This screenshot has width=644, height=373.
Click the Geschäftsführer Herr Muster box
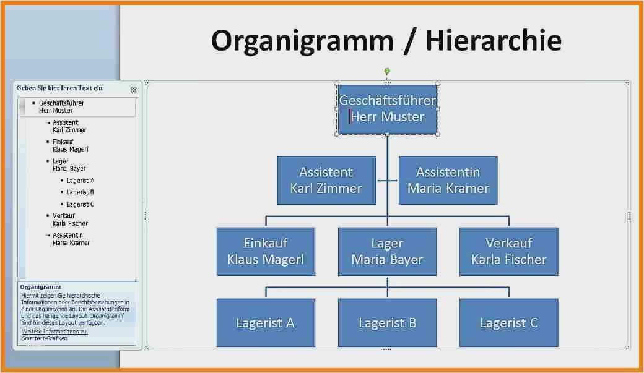pos(387,109)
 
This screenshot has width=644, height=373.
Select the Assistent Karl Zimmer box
pos(326,180)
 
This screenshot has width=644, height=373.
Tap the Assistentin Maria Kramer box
pos(448,180)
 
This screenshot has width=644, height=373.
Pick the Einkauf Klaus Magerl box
pos(266,251)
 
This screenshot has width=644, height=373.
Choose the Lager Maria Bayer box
pos(387,251)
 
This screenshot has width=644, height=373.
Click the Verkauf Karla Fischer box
pos(508,251)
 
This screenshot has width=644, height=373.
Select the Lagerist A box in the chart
pos(266,322)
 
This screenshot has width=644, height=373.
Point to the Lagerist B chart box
pos(387,322)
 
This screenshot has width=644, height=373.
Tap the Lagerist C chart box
pos(508,322)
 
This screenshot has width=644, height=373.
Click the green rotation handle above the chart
pos(387,71)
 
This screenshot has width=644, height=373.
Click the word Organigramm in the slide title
pos(302,41)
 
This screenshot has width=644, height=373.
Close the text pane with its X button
pos(133,90)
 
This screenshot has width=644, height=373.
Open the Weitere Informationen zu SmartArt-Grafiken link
pos(54,335)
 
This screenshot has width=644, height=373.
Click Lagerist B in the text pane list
pos(80,192)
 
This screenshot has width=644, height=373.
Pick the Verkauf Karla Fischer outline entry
pos(70,220)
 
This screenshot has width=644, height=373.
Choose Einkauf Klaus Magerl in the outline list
pos(70,145)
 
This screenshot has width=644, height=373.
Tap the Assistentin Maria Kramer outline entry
pos(71,239)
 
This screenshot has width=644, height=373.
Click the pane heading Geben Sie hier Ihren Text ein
pos(59,88)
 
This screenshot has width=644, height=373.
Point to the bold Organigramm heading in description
pos(40,288)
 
